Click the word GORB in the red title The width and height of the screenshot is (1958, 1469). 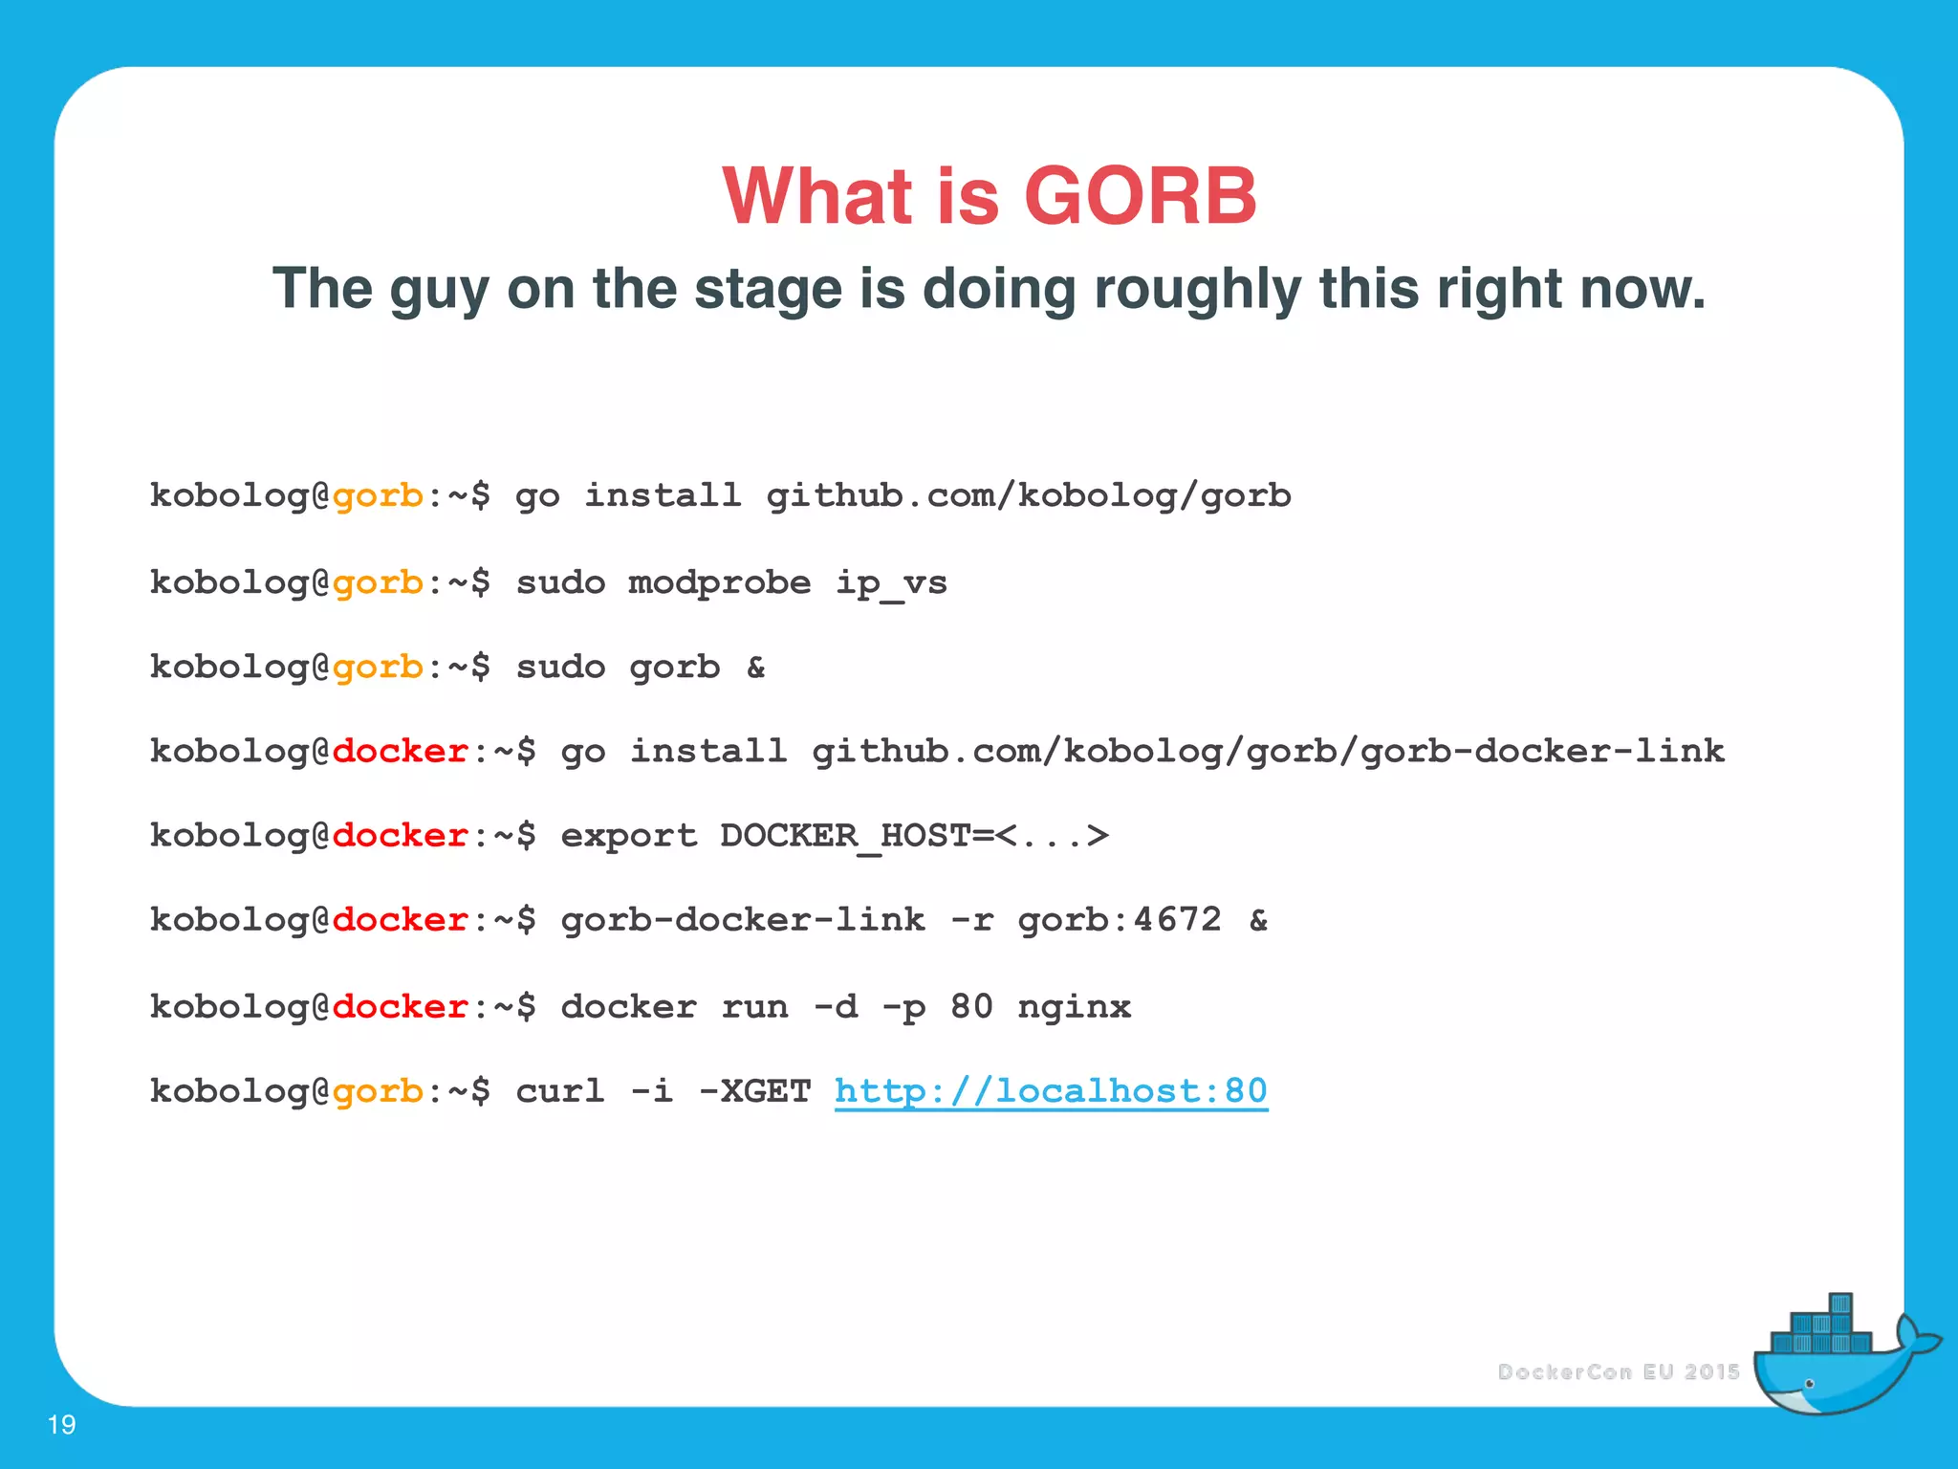[1140, 196]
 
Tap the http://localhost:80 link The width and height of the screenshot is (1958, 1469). [1051, 1091]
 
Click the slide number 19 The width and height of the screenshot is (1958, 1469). [61, 1425]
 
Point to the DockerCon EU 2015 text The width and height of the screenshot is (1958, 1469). [1618, 1372]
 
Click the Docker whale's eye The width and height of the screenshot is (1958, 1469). [1809, 1384]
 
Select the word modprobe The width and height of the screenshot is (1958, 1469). [719, 582]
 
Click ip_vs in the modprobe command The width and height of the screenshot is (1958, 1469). [891, 582]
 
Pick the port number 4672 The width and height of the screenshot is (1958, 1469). [1177, 920]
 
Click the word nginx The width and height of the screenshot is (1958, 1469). [1074, 1007]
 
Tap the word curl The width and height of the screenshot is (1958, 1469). [560, 1091]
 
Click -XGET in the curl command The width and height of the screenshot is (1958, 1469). [754, 1091]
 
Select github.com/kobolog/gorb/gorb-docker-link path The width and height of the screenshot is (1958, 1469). [1268, 752]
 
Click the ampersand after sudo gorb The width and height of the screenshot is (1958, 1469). [755, 667]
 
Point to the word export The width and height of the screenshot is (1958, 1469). [628, 836]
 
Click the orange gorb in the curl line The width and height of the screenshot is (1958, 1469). [378, 1091]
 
